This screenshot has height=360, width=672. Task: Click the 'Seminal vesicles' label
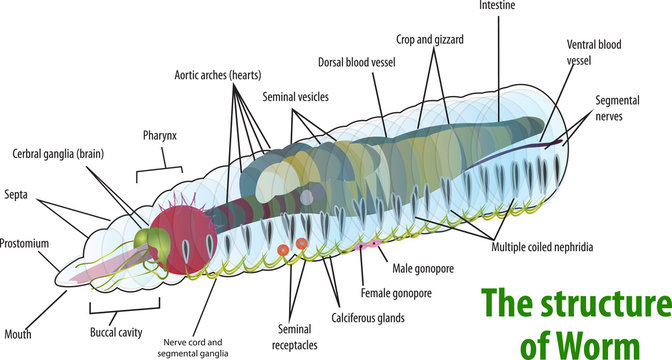[x=296, y=97]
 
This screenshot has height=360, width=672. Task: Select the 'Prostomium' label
[x=24, y=243]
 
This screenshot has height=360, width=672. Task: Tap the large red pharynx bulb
[x=181, y=240]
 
